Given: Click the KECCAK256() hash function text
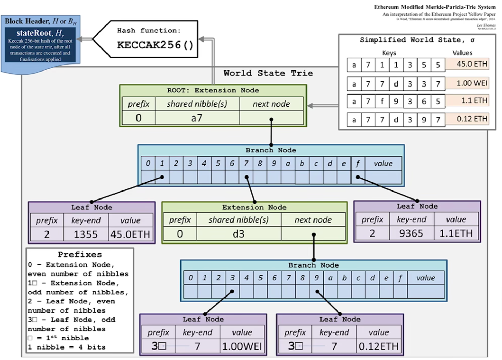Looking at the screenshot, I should [155, 45].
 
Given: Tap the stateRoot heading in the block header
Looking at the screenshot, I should [40, 33].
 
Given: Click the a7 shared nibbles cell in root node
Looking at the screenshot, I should [197, 118].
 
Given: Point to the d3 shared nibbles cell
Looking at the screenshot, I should [238, 234].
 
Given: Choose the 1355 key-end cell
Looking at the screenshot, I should [86, 234].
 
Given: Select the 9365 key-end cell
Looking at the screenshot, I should [411, 233].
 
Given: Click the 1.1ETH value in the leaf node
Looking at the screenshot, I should [456, 233].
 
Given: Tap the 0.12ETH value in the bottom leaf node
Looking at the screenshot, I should [378, 346].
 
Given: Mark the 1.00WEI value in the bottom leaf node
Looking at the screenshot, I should [242, 346].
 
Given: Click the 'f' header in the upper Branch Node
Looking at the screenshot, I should [358, 163].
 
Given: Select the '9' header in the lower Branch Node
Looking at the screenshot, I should [316, 278].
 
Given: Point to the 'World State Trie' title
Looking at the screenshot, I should [268, 73].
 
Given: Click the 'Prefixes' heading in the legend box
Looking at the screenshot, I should [80, 254].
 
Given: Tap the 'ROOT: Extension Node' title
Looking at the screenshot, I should [213, 90].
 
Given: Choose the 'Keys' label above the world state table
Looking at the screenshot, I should [389, 53].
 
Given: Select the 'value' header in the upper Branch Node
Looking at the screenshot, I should [383, 163].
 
